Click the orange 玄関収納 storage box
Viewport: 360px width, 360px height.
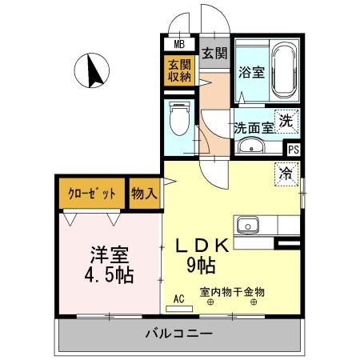click(179, 70)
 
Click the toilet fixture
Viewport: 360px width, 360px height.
click(179, 121)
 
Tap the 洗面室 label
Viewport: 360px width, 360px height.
click(254, 126)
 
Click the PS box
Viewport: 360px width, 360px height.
click(294, 149)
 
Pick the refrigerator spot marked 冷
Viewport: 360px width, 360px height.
click(286, 171)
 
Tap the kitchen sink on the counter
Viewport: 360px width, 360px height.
click(246, 222)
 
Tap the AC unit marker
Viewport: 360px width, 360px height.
click(178, 301)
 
